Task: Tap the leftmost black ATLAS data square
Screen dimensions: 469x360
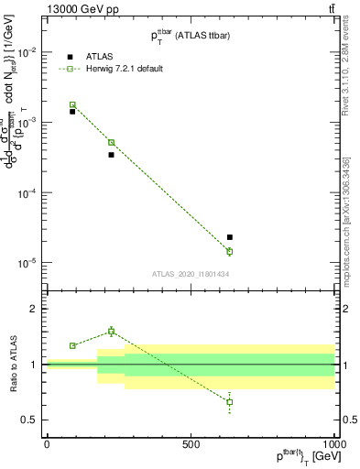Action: click(72, 111)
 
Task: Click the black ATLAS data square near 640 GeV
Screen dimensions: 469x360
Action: click(230, 237)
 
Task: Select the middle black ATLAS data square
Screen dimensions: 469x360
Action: click(111, 155)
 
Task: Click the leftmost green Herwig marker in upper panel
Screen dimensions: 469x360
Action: click(72, 105)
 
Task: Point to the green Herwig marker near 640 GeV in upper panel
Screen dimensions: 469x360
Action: click(230, 251)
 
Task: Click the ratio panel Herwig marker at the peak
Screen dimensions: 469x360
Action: click(111, 331)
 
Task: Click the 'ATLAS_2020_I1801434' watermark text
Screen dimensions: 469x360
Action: click(190, 273)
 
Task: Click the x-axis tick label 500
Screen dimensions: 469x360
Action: click(191, 443)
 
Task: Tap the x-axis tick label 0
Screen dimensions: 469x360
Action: click(47, 443)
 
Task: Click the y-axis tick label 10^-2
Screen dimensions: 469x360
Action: click(27, 52)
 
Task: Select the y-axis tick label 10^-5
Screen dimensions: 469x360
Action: click(27, 262)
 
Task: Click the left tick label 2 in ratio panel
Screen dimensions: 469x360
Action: click(34, 310)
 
